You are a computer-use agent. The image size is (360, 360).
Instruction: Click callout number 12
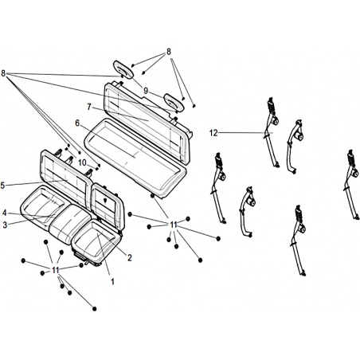point(213,133)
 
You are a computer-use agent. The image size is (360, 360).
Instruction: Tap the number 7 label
point(89,107)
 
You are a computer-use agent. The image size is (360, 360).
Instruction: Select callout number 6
point(77,123)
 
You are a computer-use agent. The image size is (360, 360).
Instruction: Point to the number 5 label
point(2,186)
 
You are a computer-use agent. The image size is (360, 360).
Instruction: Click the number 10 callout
point(82,162)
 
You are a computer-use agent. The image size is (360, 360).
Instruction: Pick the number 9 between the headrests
point(146,91)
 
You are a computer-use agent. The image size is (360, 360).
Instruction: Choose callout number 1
point(112,282)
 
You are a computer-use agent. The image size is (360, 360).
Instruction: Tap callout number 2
point(130,257)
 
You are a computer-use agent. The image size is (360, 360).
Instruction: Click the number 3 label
point(5,225)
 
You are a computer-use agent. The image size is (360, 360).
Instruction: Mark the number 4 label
point(5,213)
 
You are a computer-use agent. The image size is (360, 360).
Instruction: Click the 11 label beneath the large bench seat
point(174,225)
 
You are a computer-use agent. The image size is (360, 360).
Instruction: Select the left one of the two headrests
point(123,69)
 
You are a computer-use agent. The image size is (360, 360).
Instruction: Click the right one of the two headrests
point(174,102)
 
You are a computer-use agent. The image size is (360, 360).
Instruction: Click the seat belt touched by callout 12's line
point(272,132)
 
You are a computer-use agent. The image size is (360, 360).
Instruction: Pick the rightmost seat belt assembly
point(352,185)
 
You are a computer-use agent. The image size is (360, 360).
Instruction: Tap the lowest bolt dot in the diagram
point(95,308)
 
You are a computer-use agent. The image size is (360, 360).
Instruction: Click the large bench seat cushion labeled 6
point(135,158)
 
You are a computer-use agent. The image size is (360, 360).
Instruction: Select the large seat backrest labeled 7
point(147,123)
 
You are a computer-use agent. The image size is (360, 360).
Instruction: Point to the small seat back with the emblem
point(108,206)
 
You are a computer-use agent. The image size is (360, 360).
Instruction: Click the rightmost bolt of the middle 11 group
point(218,239)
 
